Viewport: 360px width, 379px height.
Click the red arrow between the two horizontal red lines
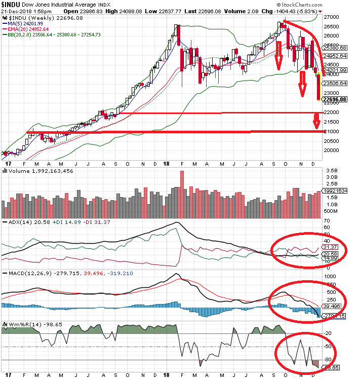click(x=316, y=121)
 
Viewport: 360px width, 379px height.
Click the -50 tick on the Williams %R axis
click(x=328, y=347)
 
